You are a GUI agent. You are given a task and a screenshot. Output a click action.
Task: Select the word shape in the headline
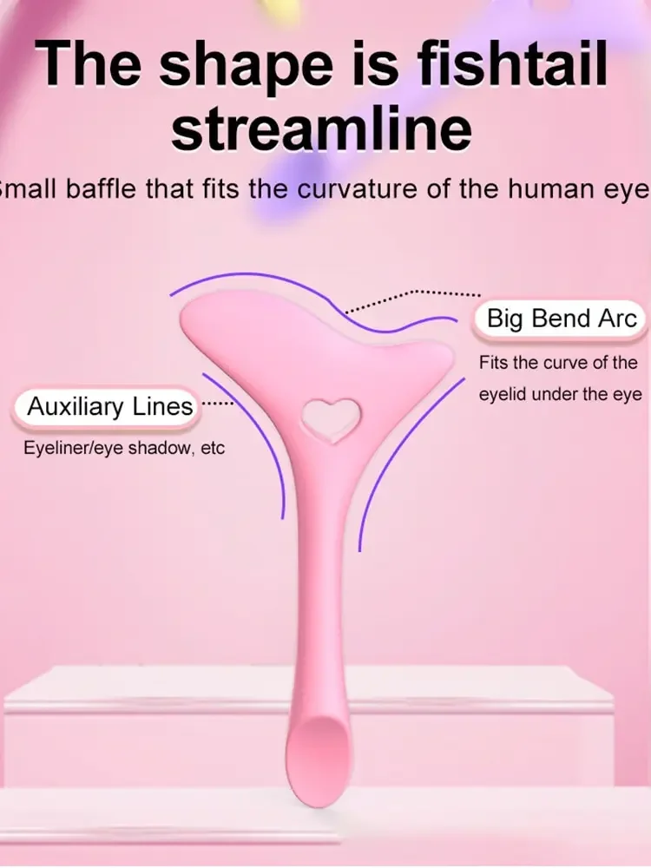point(246,68)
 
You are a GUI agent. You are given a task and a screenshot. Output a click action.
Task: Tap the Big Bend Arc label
point(562,319)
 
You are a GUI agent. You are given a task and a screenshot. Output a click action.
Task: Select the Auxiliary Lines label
point(109,406)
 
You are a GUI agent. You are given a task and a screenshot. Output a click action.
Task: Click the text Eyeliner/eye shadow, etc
point(124,448)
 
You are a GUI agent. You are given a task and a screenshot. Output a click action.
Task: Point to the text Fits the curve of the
point(558,363)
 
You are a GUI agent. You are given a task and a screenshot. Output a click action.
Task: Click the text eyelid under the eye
point(560,395)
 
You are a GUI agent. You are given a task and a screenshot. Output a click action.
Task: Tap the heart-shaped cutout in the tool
point(331,419)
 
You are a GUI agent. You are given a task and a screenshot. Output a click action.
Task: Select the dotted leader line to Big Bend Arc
point(412,300)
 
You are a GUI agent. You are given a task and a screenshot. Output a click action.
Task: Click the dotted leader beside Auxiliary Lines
point(218,404)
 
